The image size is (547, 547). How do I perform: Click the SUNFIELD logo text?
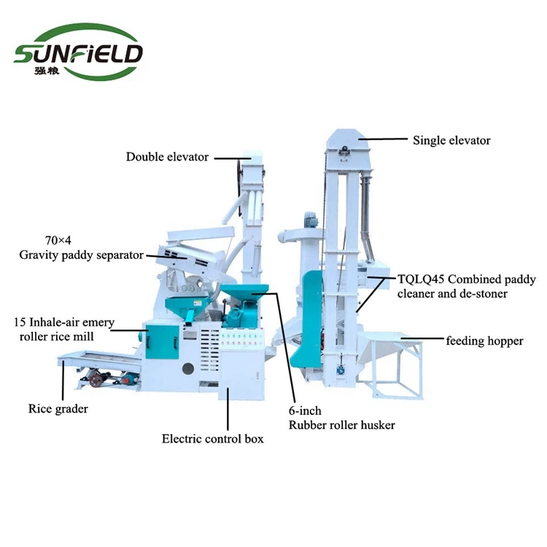click(79, 53)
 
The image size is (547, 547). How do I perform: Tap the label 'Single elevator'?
click(451, 140)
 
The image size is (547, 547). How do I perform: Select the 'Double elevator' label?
click(167, 157)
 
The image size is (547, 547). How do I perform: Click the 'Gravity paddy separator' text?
click(81, 255)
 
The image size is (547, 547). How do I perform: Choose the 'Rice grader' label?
click(58, 408)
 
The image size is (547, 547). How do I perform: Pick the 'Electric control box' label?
click(212, 438)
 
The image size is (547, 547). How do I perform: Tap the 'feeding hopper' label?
click(484, 341)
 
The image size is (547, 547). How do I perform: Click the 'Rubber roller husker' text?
click(342, 425)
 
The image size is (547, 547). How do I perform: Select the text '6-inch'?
click(306, 411)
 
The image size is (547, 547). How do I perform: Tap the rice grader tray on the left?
click(95, 359)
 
